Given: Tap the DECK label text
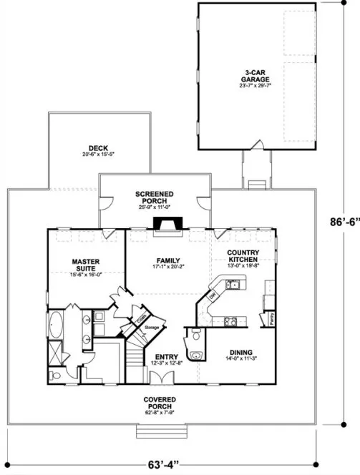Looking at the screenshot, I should click(x=98, y=148).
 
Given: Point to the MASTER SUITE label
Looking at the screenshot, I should click(x=86, y=263).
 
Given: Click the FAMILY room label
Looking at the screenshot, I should click(x=167, y=260).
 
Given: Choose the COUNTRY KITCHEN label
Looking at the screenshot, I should click(x=243, y=256).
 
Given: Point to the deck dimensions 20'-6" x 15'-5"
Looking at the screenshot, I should click(x=98, y=155).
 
